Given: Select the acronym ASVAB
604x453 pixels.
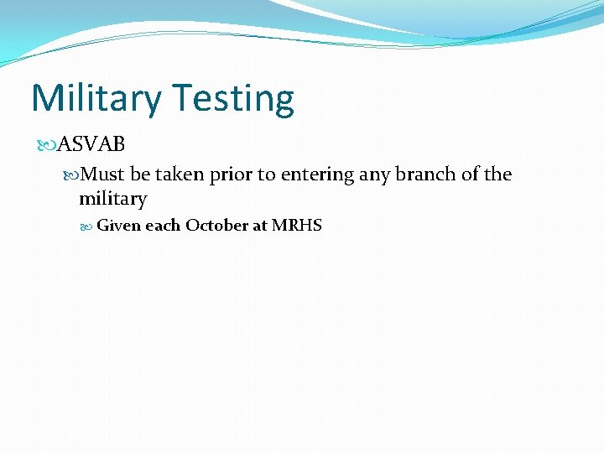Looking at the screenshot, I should click(x=91, y=144).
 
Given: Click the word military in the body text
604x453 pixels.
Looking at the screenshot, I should click(x=112, y=200).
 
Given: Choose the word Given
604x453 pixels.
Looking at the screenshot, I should click(x=118, y=226).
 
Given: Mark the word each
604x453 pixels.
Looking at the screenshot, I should click(x=163, y=226).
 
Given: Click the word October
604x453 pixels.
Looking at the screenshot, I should click(x=216, y=226).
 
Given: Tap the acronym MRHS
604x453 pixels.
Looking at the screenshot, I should click(x=296, y=226).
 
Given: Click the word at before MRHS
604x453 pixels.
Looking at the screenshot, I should click(x=260, y=226).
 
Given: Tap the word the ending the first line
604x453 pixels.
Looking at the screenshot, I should click(x=497, y=174).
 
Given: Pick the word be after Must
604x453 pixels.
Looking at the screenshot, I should click(x=140, y=174).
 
